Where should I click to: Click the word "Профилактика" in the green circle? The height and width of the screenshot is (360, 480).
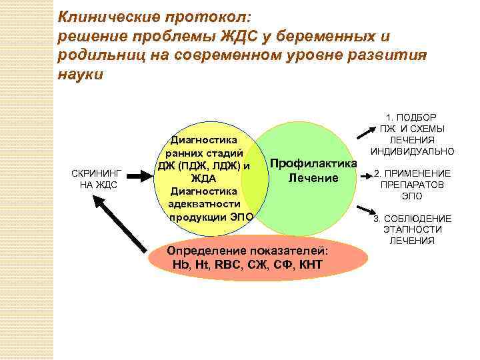(314, 164)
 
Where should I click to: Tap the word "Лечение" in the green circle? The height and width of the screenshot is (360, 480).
(313, 178)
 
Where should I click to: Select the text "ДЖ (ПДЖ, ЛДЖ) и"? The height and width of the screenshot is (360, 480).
(204, 166)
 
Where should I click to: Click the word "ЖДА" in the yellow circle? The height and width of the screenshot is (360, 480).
(204, 179)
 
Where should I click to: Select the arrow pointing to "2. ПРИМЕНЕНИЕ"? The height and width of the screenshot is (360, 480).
(369, 177)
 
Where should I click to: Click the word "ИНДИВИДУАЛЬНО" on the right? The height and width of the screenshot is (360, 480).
(413, 151)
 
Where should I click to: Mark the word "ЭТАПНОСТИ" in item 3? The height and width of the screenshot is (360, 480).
(412, 229)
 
